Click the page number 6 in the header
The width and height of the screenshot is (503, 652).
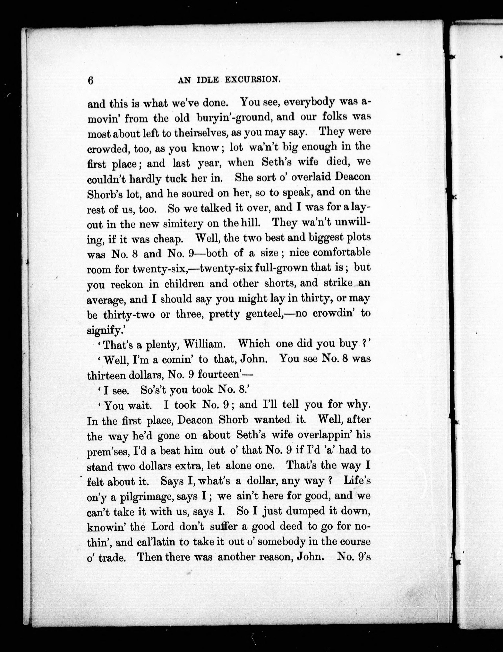[x=91, y=81]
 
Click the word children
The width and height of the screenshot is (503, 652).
[x=184, y=283]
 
